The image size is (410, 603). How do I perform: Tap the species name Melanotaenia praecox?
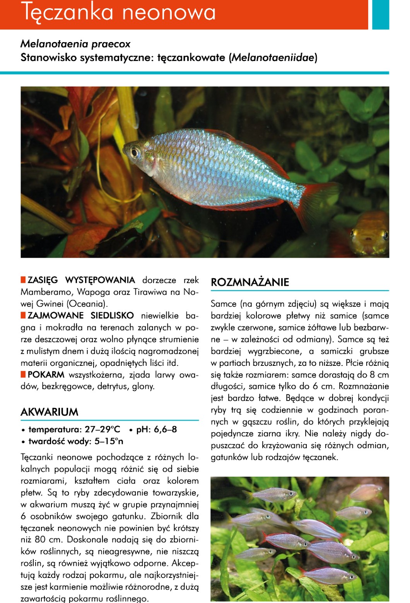point(75,44)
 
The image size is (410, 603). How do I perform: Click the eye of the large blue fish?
point(135,152)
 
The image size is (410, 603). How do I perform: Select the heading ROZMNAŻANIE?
point(250,282)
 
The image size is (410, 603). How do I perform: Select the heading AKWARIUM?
point(49,412)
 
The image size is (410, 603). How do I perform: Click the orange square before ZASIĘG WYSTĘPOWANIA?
point(23,280)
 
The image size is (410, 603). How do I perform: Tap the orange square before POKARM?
point(23,374)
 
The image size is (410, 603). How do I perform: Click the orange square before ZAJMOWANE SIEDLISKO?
point(23,315)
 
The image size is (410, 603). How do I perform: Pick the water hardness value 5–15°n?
point(109,441)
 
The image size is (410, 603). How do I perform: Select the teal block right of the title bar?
point(380,14)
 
